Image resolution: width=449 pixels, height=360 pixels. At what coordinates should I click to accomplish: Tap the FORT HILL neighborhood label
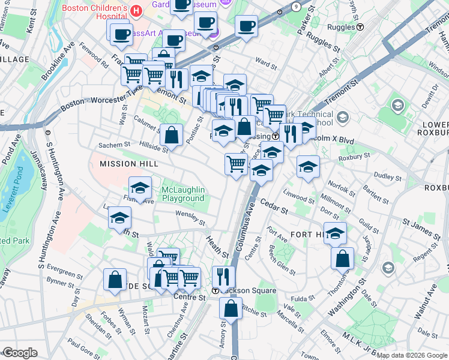tap(308, 234)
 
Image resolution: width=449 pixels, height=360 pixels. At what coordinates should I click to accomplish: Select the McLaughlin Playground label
tap(183, 194)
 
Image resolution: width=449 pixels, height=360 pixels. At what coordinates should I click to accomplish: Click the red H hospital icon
tap(137, 11)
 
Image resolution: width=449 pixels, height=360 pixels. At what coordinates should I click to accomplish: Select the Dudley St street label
tap(387, 178)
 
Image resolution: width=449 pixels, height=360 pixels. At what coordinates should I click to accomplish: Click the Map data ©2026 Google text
tap(412, 355)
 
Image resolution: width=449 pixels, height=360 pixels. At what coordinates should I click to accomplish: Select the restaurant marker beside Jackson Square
tap(223, 278)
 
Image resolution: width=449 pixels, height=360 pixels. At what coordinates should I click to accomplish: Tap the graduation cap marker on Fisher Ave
tap(140, 188)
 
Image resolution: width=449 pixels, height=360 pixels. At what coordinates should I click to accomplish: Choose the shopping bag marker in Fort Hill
tap(342, 259)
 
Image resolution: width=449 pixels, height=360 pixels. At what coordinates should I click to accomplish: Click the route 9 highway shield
tap(296, 6)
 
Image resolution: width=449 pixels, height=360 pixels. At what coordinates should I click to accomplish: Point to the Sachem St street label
tap(114, 145)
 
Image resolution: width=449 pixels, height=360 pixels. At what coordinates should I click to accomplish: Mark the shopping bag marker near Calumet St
tap(172, 136)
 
